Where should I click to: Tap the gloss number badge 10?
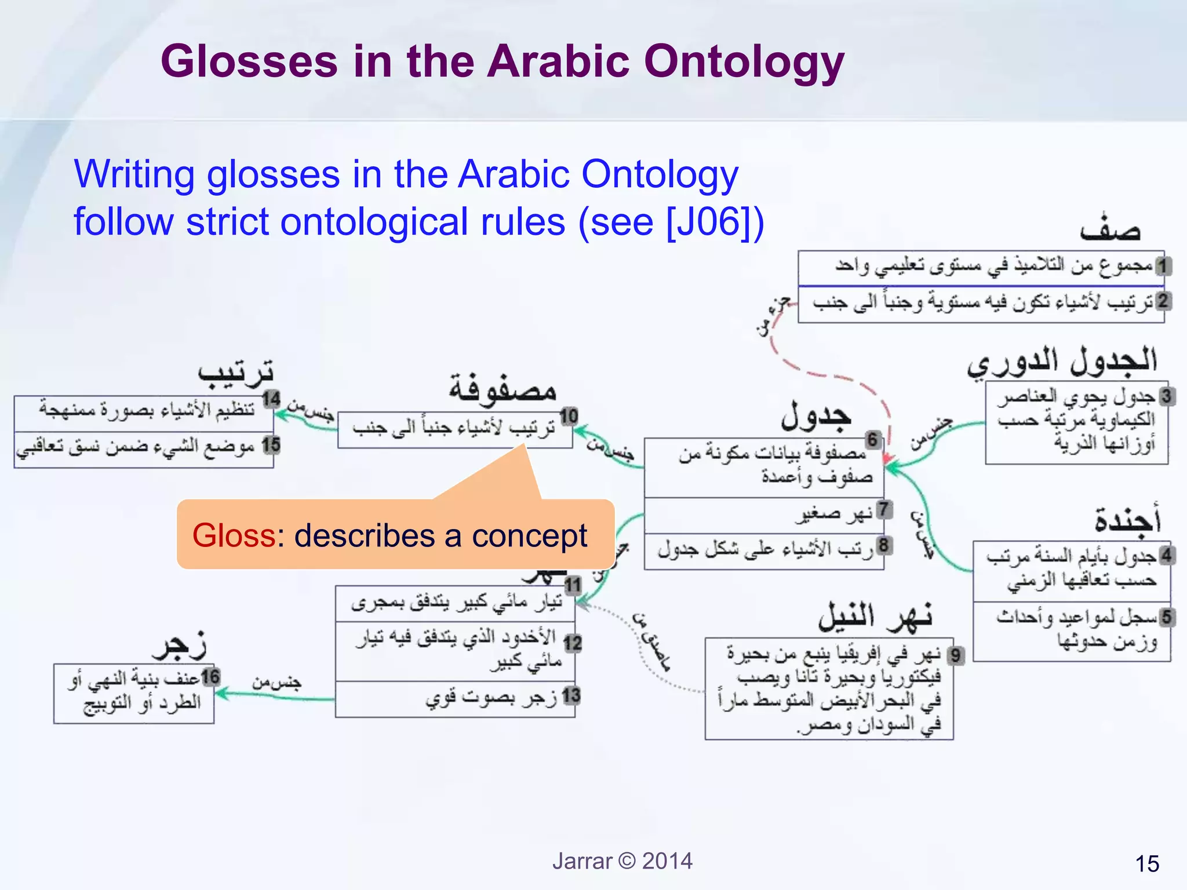569,416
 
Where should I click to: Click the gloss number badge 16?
210,677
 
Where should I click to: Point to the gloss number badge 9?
956,656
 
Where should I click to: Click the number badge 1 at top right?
1163,266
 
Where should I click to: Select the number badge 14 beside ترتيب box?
271,399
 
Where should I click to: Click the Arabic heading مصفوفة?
503,389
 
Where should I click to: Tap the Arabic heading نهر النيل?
875,617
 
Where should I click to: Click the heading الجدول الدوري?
1062,362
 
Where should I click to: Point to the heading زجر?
179,645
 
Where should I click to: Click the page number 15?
1146,864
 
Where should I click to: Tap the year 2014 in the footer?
667,861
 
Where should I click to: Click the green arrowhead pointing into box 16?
221,693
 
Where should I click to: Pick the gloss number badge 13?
571,695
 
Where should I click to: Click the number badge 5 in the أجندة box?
1166,617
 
